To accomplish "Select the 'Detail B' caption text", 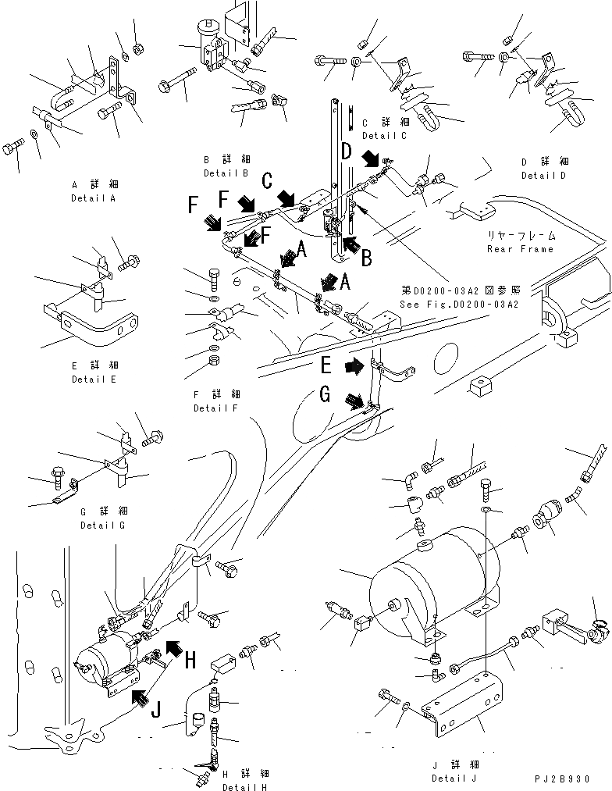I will [226, 173].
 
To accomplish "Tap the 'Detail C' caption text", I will [384, 136].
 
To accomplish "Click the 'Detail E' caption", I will [93, 379].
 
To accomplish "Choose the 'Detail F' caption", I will [218, 408].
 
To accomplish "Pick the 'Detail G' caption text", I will [104, 526].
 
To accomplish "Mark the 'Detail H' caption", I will [244, 787].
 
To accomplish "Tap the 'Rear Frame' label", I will [520, 249].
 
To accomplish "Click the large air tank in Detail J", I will [429, 581].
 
